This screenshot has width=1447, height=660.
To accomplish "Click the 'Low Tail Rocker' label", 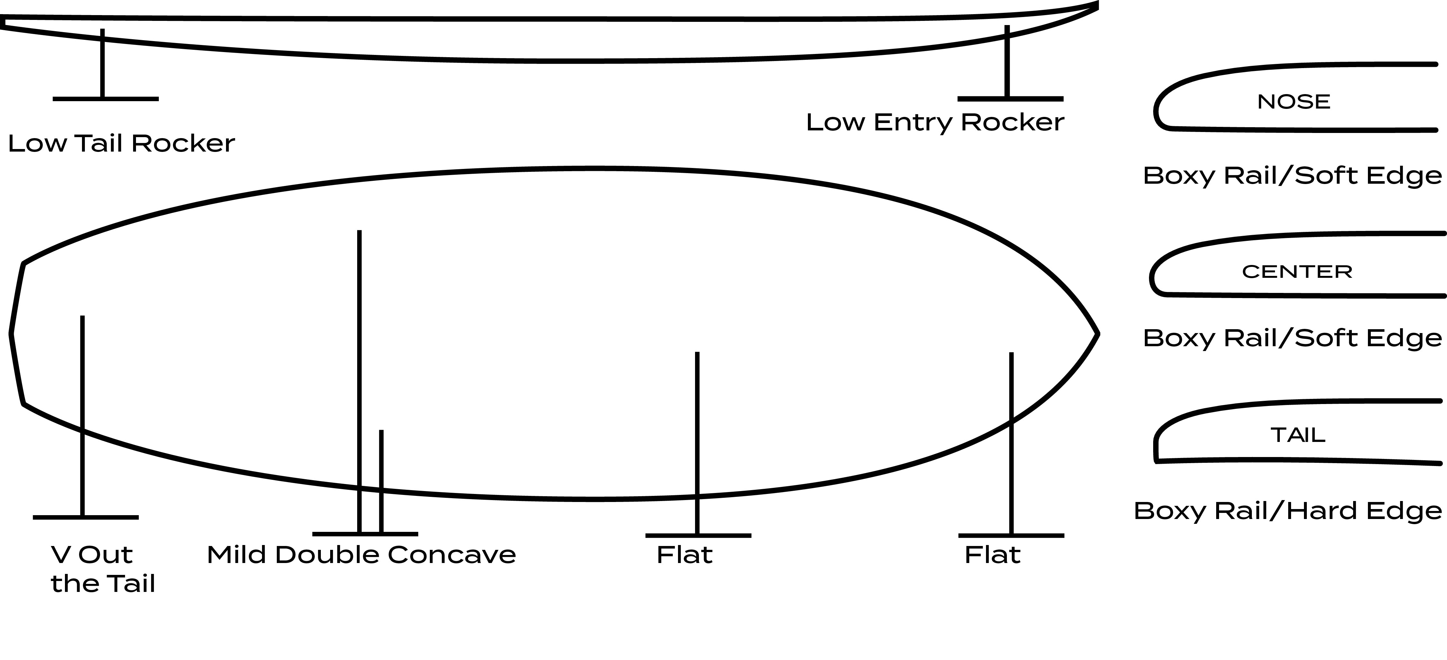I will pyautogui.click(x=121, y=144).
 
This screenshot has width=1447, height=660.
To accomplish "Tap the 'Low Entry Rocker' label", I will pyautogui.click(x=935, y=122).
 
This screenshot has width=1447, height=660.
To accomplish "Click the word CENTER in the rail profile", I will pyautogui.click(x=1297, y=272).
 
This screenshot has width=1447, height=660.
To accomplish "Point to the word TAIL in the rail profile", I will pyautogui.click(x=1298, y=435).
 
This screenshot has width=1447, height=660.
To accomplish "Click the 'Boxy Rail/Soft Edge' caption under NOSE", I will pyautogui.click(x=1292, y=176).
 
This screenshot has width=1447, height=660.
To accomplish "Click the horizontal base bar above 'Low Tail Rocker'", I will pyautogui.click(x=105, y=99).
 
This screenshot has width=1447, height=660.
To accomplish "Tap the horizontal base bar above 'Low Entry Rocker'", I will pyautogui.click(x=1010, y=99).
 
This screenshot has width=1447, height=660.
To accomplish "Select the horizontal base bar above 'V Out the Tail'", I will pyautogui.click(x=86, y=517).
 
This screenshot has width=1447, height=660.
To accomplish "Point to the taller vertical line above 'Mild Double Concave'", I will pyautogui.click(x=359, y=365).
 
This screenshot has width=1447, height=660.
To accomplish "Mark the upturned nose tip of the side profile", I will pyautogui.click(x=1095, y=5).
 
